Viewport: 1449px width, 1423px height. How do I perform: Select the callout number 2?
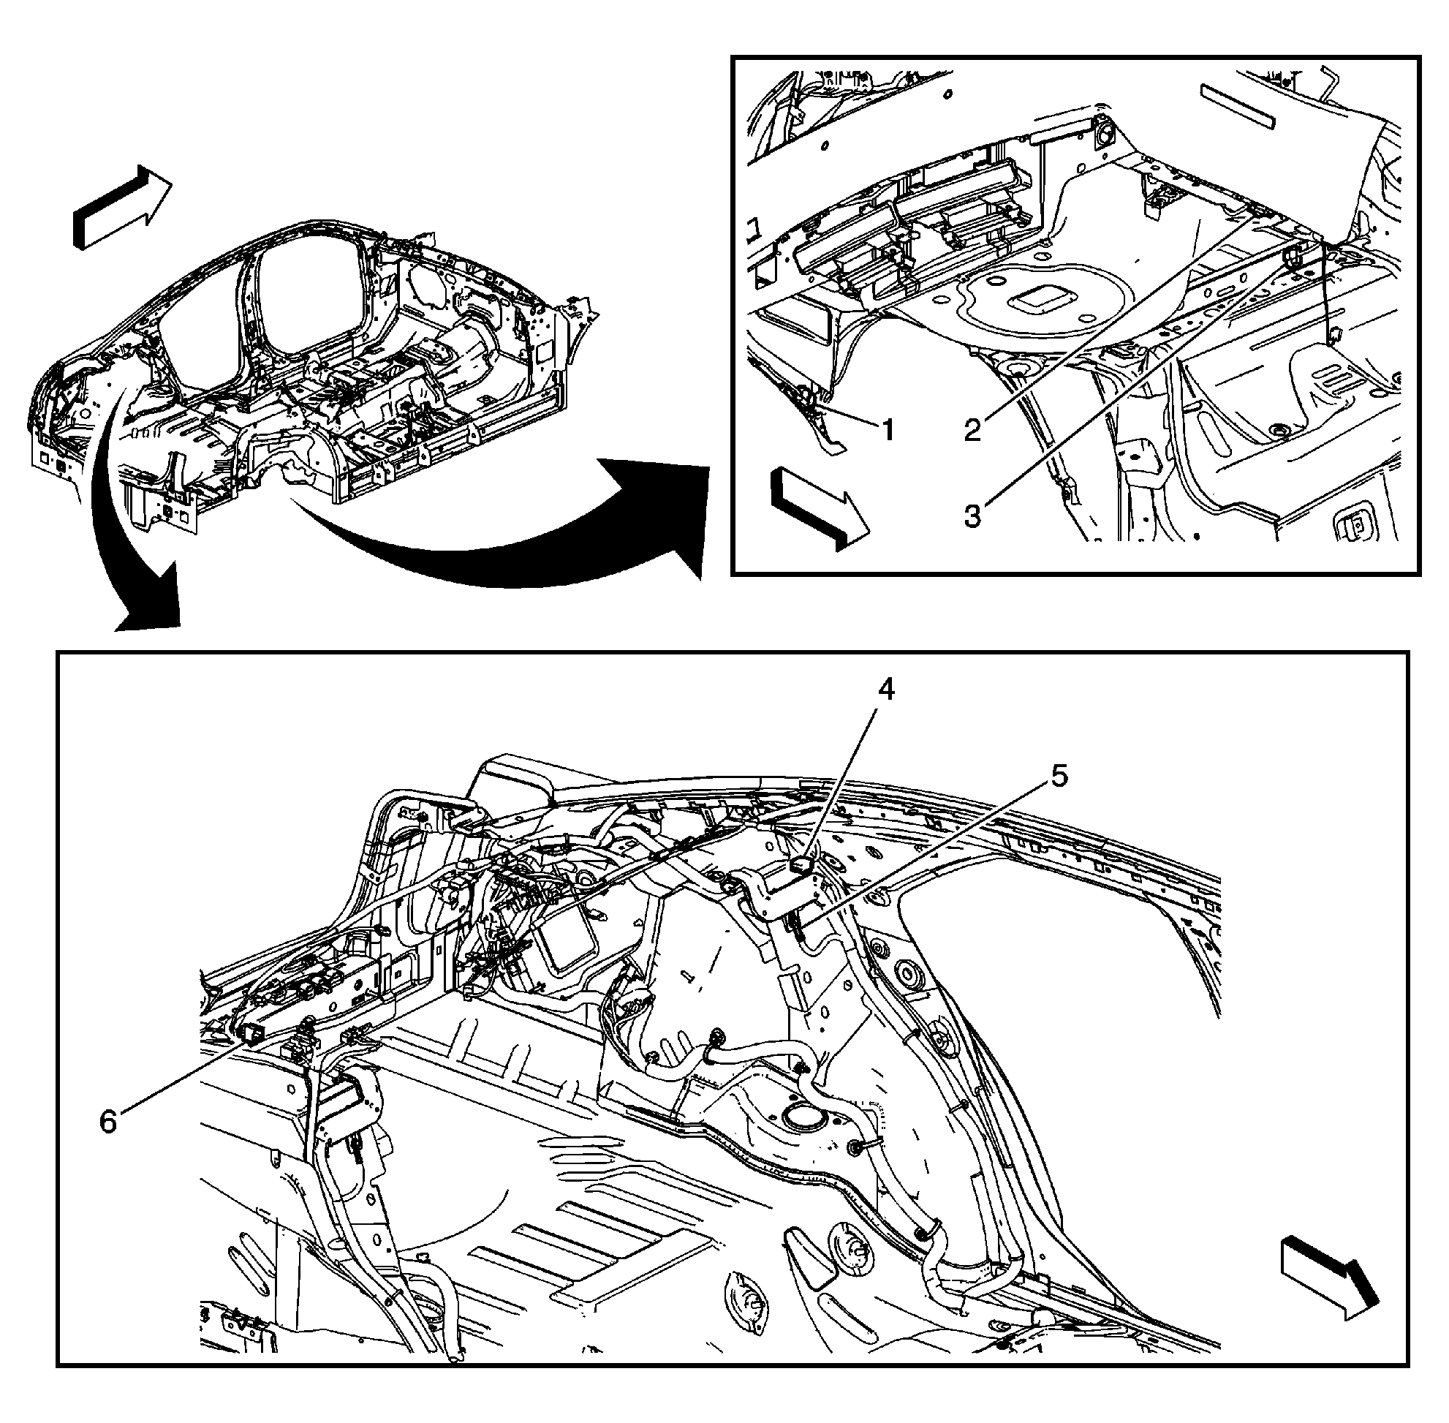point(972,430)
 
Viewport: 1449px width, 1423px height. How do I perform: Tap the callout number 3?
point(972,516)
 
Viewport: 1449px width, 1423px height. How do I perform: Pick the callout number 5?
point(1059,777)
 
